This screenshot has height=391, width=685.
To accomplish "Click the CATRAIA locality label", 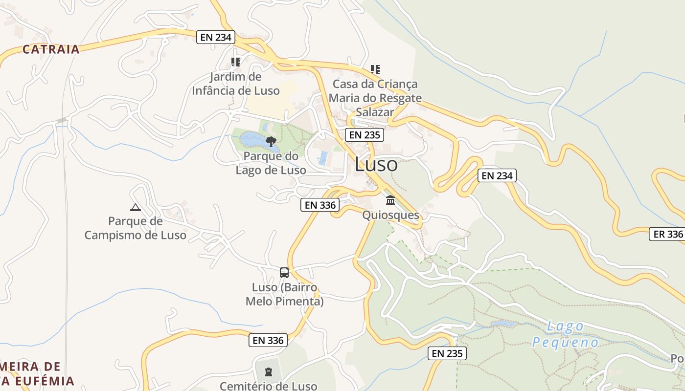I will coord(51,49).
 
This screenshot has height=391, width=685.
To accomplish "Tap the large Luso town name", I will coord(376,164).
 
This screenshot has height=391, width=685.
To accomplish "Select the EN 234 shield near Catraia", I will coord(216,37).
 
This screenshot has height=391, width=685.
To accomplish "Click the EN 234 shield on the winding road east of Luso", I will coord(497,175).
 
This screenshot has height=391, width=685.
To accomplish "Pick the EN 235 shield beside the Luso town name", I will coord(364,135).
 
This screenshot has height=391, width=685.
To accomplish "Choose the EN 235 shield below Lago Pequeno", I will coord(447,353).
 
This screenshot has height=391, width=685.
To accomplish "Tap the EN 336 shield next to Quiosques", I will coord(320,205).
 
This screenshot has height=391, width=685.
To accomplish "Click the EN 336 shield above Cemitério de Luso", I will coord(268,340).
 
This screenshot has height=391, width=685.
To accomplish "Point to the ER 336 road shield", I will coord(668,234).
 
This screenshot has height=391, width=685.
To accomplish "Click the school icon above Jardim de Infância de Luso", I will coord(236,62).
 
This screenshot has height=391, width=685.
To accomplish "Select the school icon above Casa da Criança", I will coord(375,69).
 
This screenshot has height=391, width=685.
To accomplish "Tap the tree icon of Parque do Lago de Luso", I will coord(271,142).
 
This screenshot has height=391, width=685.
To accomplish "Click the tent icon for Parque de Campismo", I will coord(136,207).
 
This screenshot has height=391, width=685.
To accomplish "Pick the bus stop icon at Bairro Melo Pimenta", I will coord(284,273).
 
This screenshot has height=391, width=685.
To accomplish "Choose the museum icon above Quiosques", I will coord(390,200).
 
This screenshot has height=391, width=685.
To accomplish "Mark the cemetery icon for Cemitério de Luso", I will coord(268,372).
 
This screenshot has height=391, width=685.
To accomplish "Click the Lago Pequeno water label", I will coord(565,334).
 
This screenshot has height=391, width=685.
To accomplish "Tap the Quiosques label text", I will coord(390,215).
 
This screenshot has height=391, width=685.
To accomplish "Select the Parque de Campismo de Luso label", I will coord(136,228).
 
